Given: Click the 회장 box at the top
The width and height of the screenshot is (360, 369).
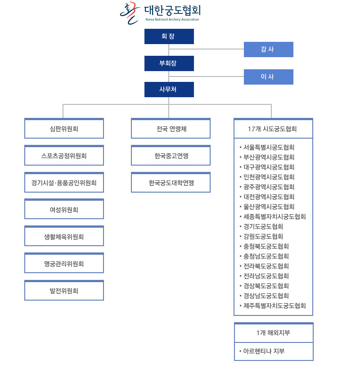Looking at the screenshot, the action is click(x=169, y=36).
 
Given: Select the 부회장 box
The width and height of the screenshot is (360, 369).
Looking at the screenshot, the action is click(x=169, y=63).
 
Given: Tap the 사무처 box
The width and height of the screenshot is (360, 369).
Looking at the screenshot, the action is click(x=169, y=90).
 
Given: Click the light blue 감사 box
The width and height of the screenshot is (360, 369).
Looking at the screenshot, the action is click(x=269, y=49).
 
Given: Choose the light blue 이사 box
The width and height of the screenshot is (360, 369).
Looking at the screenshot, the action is click(x=269, y=76).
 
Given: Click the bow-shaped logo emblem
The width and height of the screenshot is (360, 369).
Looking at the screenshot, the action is click(x=130, y=13).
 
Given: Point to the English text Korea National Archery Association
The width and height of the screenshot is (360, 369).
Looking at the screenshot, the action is click(x=172, y=19).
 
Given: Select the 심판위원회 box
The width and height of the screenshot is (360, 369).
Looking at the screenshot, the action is click(x=64, y=128).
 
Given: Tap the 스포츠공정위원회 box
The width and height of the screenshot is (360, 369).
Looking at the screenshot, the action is click(x=64, y=155).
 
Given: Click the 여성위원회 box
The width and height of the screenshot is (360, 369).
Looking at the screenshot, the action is click(x=64, y=209).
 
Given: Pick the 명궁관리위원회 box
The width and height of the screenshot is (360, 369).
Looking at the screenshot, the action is click(x=64, y=263).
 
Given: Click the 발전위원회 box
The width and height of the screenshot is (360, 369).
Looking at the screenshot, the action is click(x=64, y=290).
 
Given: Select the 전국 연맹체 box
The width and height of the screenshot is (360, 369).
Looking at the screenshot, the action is click(x=171, y=128).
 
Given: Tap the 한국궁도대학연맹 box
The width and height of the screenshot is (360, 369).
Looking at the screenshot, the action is click(x=171, y=182).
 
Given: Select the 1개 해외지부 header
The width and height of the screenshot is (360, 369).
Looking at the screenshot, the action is click(x=274, y=333).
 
